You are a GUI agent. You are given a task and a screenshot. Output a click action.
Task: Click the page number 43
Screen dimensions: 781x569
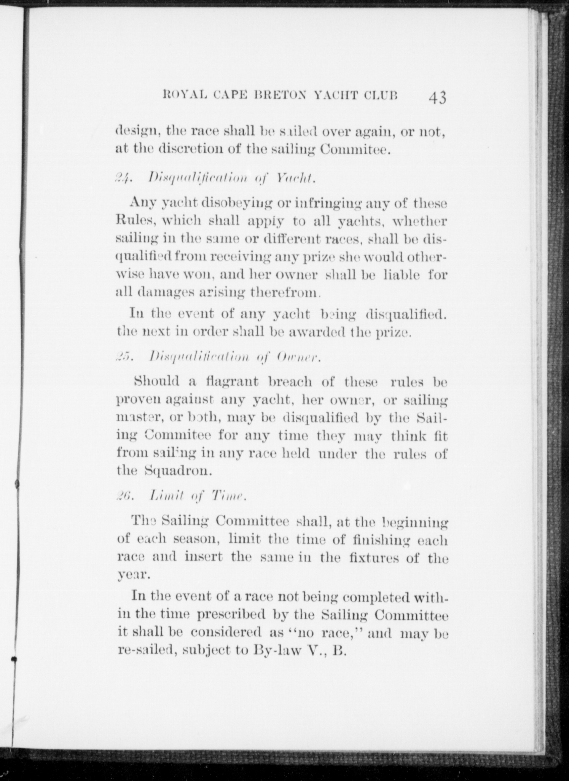coord(437,97)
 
